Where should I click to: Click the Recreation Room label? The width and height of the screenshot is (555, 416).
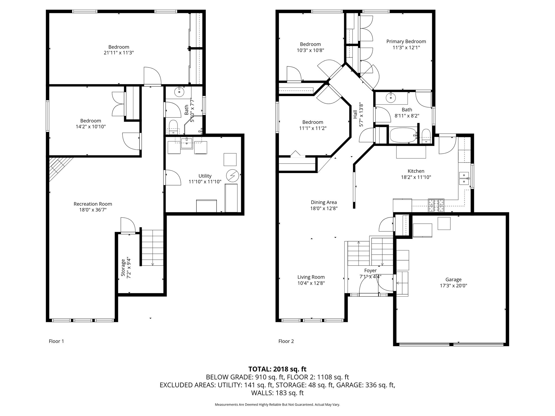click(93, 204)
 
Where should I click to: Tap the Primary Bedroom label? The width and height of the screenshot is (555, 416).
click(406, 41)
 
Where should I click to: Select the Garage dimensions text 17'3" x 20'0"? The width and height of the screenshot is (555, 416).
click(453, 285)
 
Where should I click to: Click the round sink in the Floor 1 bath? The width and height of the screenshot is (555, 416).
click(179, 92)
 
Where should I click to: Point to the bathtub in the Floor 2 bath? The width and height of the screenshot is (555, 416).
click(403, 135)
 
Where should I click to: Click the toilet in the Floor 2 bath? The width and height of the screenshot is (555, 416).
click(426, 136)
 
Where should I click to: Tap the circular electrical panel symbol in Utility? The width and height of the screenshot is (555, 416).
click(233, 175)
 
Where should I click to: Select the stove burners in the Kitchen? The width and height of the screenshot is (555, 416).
click(436, 205)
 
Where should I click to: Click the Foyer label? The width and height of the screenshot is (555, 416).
click(370, 270)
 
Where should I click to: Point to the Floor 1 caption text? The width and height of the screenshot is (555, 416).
click(56, 341)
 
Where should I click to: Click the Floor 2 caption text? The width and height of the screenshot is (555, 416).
click(286, 341)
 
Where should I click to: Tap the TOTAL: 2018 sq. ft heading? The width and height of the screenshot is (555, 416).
click(277, 369)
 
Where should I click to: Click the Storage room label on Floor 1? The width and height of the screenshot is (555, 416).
click(123, 268)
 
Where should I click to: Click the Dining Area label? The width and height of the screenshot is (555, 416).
click(324, 202)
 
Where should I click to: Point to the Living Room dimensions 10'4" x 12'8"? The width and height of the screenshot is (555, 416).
click(311, 283)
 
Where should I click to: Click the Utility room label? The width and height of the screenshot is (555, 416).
click(205, 176)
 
